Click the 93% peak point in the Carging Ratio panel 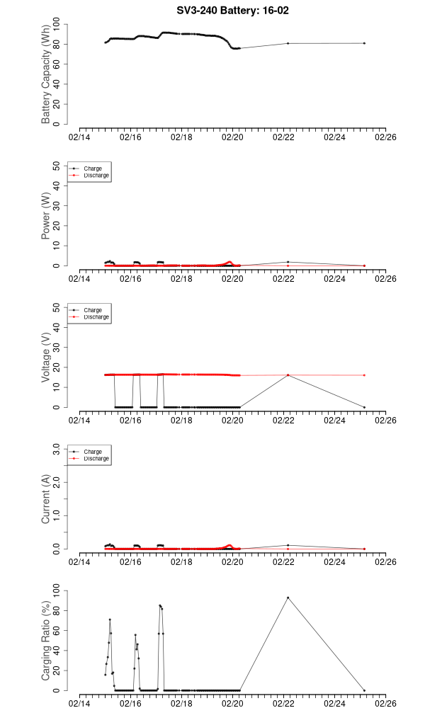288,598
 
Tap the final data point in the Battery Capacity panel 364,43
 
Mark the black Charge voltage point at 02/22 288,375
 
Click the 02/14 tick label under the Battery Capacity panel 79,137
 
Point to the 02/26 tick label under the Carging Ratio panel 385,704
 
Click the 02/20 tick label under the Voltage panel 232,421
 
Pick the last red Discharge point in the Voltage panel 364,375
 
